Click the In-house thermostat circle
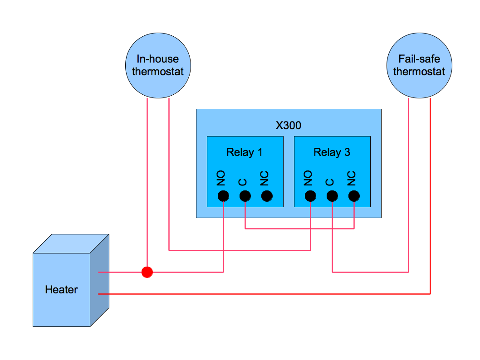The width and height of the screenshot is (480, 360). click(x=158, y=65)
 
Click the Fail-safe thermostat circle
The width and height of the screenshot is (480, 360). click(x=419, y=65)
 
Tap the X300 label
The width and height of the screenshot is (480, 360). click(x=289, y=125)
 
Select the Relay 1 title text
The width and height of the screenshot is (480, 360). click(x=245, y=152)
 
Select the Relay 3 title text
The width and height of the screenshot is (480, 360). click(x=332, y=152)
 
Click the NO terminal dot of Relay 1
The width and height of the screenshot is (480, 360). click(x=223, y=196)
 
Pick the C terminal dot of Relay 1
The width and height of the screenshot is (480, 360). click(x=245, y=196)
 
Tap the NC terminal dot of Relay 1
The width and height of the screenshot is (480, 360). click(x=267, y=196)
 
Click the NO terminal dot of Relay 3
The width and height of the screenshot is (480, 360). click(x=310, y=196)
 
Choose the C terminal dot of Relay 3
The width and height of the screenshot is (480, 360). click(x=332, y=196)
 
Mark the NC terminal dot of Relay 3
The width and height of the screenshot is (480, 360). click(x=354, y=196)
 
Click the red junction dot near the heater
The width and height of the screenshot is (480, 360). click(x=147, y=272)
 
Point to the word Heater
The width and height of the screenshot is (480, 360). click(x=61, y=290)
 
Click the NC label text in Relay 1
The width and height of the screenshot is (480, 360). click(x=265, y=179)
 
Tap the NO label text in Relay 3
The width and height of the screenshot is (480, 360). click(x=309, y=179)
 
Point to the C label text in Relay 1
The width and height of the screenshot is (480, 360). click(x=243, y=182)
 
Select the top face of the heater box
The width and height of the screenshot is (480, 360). click(x=72, y=243)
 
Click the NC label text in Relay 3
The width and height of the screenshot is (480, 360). click(x=352, y=179)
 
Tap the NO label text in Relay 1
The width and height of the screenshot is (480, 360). click(x=221, y=179)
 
